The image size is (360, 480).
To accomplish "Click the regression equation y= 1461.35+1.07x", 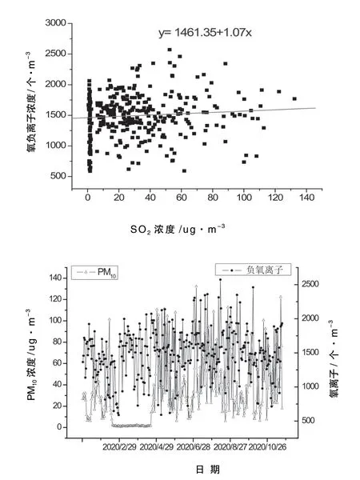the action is pyautogui.click(x=205, y=33).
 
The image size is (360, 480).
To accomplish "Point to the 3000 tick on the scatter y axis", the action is pyautogui.click(x=55, y=23).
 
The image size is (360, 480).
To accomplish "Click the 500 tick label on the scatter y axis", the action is pyautogui.click(x=58, y=176).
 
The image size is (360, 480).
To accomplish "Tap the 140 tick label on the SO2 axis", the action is pyautogui.click(x=306, y=198).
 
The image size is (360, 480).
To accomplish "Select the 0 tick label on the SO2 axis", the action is pyautogui.click(x=88, y=198).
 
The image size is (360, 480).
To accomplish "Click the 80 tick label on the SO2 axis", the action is pyautogui.click(x=213, y=198).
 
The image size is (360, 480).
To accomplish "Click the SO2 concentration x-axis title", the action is pyautogui.click(x=178, y=229).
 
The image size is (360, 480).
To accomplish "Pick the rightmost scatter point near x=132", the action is pyautogui.click(x=294, y=98).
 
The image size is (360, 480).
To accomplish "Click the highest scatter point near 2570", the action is pyautogui.click(x=170, y=50).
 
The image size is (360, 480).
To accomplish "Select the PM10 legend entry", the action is pyautogui.click(x=94, y=272).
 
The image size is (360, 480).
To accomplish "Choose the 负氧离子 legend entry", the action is pyautogui.click(x=253, y=270).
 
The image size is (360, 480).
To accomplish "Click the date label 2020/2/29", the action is pyautogui.click(x=119, y=447).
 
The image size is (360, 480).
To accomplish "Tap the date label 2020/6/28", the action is pyautogui.click(x=194, y=447).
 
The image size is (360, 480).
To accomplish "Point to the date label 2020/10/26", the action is pyautogui.click(x=267, y=447).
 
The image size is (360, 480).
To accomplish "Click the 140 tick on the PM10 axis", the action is pyautogui.click(x=56, y=278).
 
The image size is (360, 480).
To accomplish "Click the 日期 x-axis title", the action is pyautogui.click(x=207, y=469).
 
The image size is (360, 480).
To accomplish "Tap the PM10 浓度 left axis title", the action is pyautogui.click(x=31, y=354).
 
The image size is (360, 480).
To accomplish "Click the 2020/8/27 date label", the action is pyautogui.click(x=230, y=447).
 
